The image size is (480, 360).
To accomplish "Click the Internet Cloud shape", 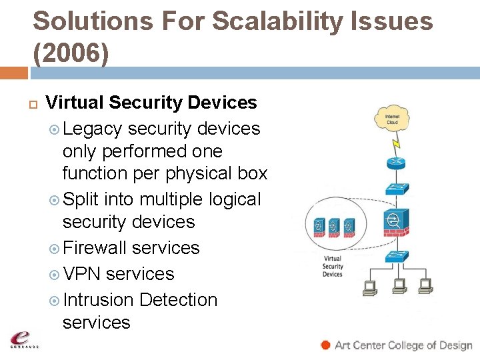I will pos(392,119).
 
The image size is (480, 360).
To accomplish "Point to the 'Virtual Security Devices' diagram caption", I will pos(332,266).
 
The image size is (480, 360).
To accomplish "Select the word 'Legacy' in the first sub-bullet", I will pos(93,128).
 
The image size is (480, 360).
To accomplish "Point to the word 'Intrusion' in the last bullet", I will pos(98,300).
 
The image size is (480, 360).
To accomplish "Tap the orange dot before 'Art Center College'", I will pos(325,345).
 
